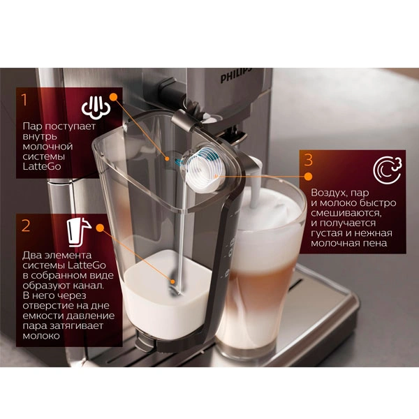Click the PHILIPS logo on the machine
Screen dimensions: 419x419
pos(236,75)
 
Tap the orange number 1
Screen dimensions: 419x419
pos(24,99)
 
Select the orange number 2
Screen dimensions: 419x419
pos(26,226)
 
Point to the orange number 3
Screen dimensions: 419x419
pos(308,160)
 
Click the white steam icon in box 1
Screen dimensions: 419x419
pos(96,108)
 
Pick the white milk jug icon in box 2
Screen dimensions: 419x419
pos(78,233)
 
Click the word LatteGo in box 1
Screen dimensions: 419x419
pos(42,166)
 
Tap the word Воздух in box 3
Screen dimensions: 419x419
pos(327,193)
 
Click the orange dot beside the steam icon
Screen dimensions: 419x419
pos(114,97)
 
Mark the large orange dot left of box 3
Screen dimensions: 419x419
pos(309,177)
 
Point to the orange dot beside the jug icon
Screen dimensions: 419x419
pos(100,228)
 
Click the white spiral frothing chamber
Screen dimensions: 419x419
pos(205,169)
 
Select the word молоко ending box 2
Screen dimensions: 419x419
pos(41,336)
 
